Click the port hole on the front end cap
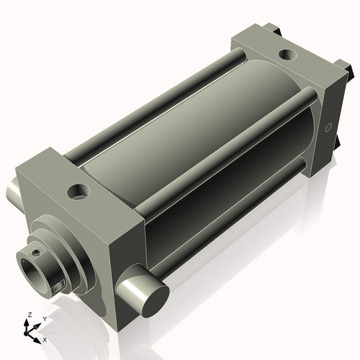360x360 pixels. pos(78,192)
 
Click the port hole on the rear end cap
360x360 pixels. pos(288,55)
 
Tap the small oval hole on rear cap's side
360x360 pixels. pos(328,127)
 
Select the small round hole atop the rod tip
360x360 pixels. pos(36,252)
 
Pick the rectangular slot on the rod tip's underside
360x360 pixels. pos(58,287)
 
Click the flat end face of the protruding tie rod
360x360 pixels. pos(156,302)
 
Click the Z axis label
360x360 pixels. pos(30,315)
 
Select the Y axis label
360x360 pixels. pos(45,318)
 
